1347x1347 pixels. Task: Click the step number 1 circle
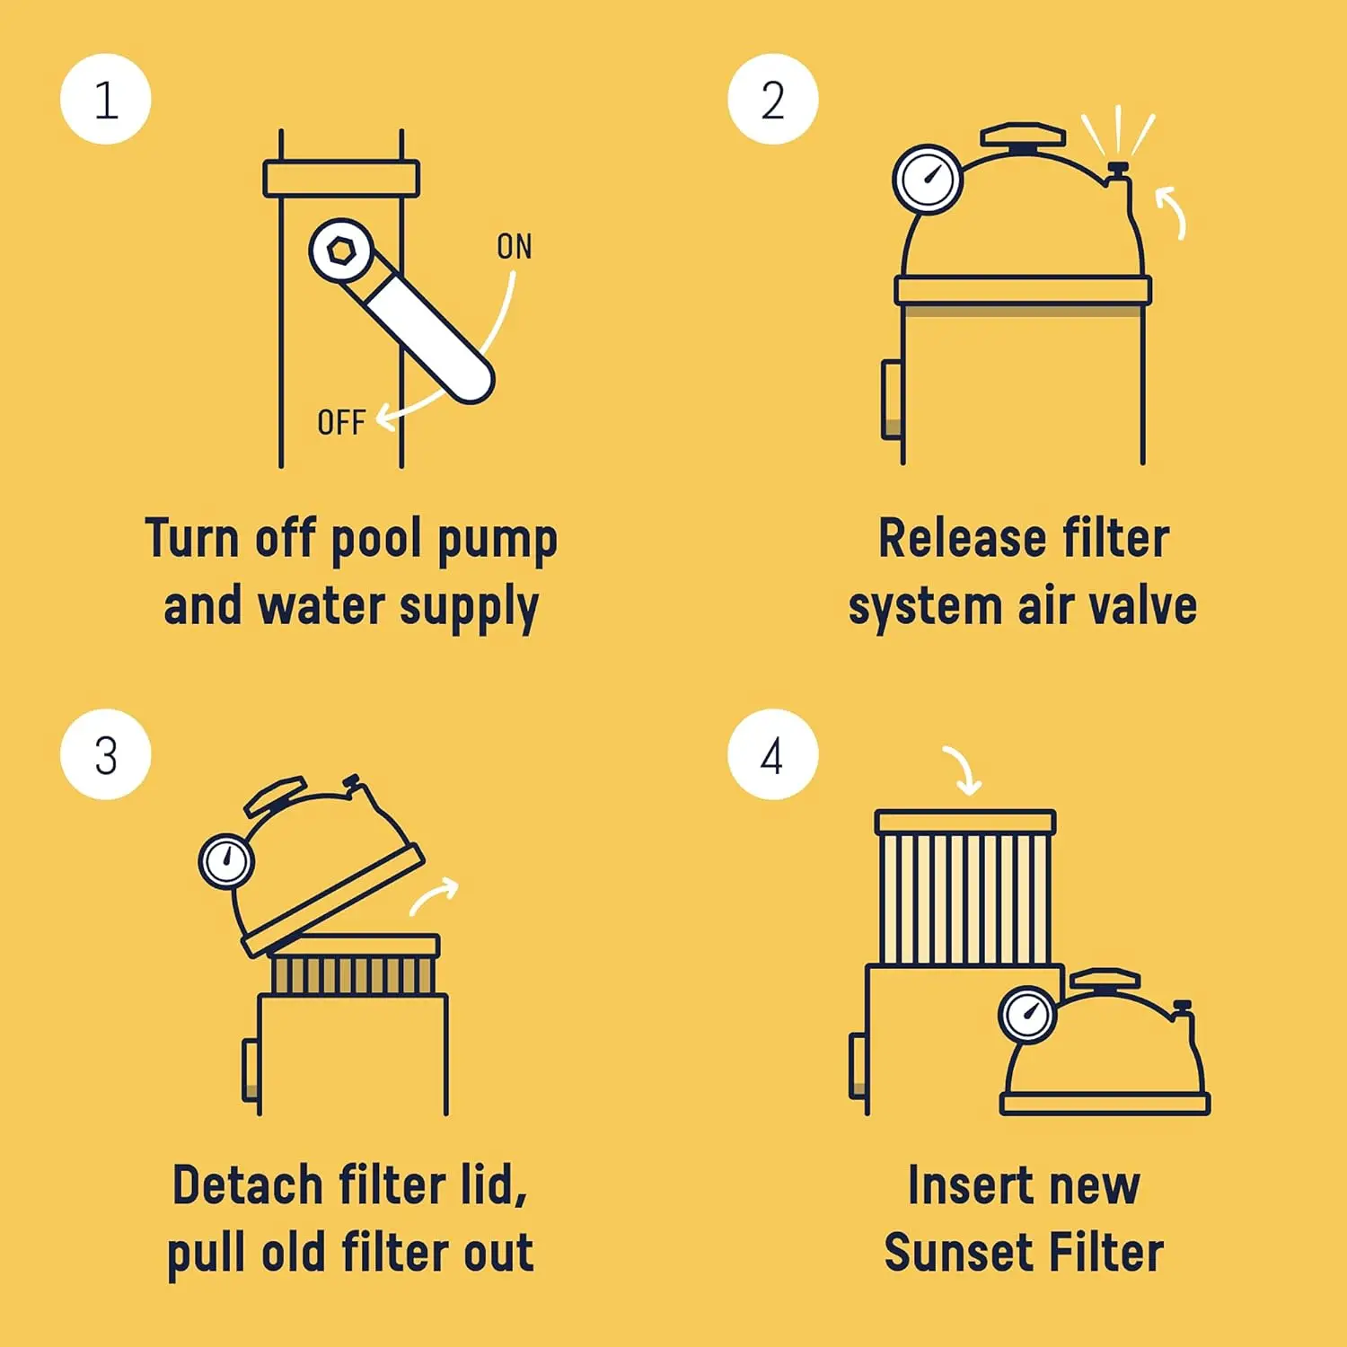[106, 99]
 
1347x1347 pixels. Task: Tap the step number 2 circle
[773, 99]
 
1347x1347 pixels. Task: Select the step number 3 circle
[106, 754]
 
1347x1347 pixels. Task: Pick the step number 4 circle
[773, 754]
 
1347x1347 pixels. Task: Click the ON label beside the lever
[515, 247]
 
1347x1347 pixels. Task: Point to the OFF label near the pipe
[341, 422]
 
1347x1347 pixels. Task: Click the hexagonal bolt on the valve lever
[341, 251]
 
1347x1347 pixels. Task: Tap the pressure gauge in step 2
[928, 179]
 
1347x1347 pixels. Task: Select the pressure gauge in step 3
[226, 861]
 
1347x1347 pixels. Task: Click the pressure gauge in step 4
[1027, 1015]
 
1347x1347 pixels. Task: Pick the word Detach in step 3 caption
[248, 1184]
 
